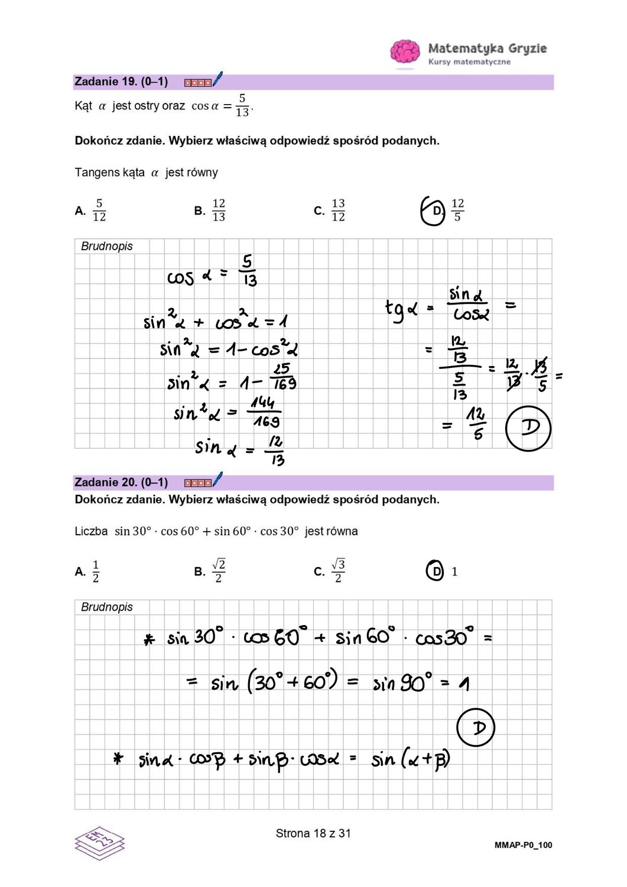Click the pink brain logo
(405, 51)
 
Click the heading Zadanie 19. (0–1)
(121, 82)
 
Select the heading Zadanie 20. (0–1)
(121, 483)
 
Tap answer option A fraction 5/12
(99, 210)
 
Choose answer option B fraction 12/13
(218, 210)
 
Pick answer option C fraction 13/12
(337, 210)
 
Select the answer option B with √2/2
(218, 571)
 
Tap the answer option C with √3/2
(337, 571)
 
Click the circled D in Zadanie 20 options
(435, 571)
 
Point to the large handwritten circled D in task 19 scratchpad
(528, 428)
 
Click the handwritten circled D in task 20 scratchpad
(476, 727)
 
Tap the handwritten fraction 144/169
(265, 412)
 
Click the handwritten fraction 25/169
(283, 377)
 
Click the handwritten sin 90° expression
(402, 684)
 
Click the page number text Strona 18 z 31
(313, 833)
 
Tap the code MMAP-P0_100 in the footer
(523, 845)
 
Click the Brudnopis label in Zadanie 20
(107, 607)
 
